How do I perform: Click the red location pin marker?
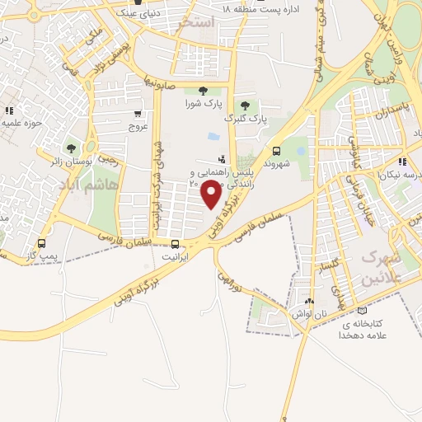212,195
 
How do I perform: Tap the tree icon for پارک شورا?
203,91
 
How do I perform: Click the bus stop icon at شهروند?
276,151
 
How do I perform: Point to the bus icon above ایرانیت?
174,244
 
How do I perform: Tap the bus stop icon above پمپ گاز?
42,244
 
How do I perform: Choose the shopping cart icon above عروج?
137,115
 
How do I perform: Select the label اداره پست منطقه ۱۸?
258,8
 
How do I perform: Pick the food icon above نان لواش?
309,302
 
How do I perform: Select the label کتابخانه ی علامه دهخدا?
363,331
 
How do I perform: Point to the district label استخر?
195,23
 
